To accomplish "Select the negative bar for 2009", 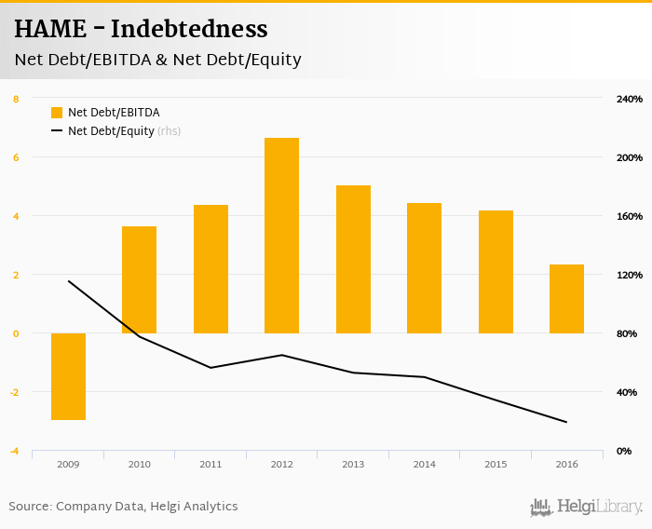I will tap(68, 376).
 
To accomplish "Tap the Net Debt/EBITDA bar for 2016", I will tap(566, 299).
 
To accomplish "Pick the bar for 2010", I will tap(139, 279).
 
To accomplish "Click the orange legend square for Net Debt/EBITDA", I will tap(57, 113).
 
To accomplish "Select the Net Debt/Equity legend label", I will tap(111, 131).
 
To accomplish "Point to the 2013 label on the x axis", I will tap(353, 464).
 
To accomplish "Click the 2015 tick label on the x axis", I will tap(496, 464).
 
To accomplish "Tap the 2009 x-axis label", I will tap(68, 464).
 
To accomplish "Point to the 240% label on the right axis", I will tap(630, 99).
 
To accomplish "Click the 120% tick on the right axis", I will tap(630, 275).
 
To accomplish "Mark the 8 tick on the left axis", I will tap(15, 99).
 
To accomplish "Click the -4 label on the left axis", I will tap(13, 451).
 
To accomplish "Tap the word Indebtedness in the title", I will tap(189, 30).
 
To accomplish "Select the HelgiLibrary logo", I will tap(586, 507).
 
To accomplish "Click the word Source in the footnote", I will tap(30, 507).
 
